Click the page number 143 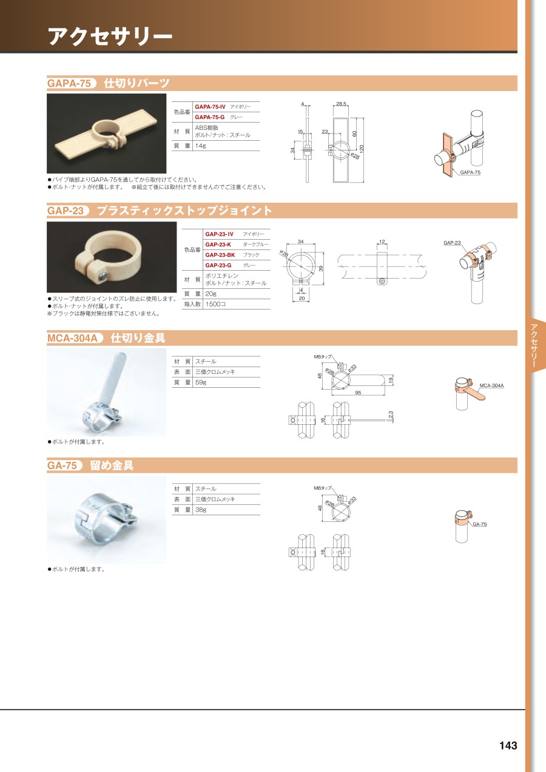pos(508,745)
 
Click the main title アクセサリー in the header pos(110,36)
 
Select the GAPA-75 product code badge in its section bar pos(70,83)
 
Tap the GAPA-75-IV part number pos(210,107)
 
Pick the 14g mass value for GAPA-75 pos(200,146)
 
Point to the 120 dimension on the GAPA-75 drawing pos(362,149)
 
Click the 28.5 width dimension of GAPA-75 pos(341,104)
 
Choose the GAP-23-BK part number pos(220,255)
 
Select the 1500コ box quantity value pos(215,304)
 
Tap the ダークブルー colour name pos(255,245)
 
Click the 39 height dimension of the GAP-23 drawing pos(321,268)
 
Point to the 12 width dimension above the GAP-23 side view pos(382,242)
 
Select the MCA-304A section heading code pos(73,338)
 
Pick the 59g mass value pos(200,382)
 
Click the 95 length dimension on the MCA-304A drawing pos(358,393)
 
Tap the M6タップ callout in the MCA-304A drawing pos(322,357)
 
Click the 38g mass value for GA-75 pos(200,510)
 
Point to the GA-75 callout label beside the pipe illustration pos(479,524)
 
